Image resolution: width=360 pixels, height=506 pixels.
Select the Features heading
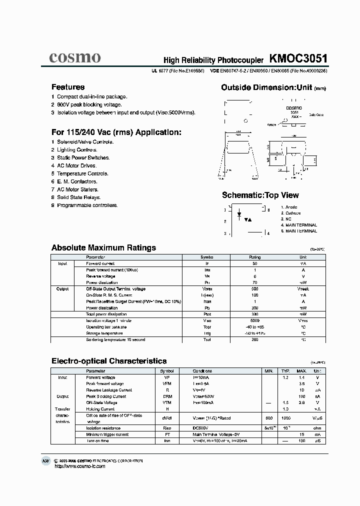(68, 87)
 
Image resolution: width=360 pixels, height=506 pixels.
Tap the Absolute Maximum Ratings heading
(103, 247)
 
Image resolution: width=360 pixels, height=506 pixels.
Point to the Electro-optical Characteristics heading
(109, 360)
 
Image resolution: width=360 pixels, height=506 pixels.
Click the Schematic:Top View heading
(260, 195)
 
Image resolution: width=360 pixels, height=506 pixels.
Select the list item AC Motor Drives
(76, 165)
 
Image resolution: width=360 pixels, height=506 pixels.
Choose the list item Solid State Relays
(78, 197)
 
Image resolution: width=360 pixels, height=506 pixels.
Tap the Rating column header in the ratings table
(254, 257)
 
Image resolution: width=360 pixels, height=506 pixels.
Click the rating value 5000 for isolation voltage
(254, 320)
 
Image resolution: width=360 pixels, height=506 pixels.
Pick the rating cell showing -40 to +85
(254, 327)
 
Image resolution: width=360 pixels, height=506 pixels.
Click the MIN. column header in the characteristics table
(268, 371)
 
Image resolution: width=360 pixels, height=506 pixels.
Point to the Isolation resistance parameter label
(103, 428)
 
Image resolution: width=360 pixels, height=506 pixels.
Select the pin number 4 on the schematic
(268, 233)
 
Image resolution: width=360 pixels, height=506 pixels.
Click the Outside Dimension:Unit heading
(267, 87)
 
